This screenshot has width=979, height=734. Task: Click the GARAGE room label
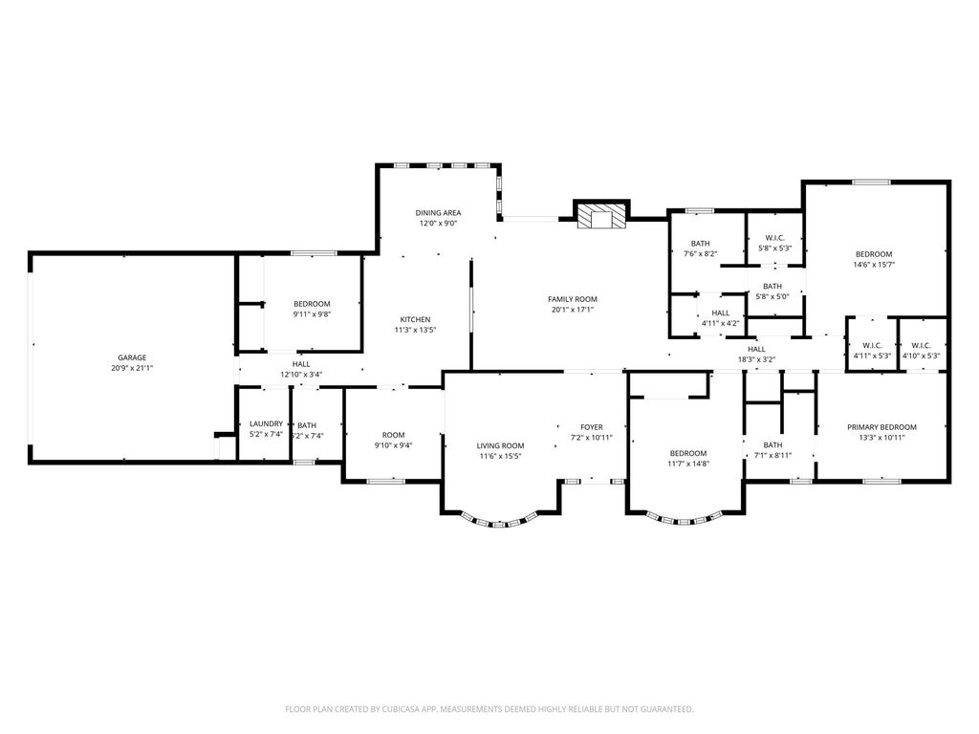coord(132,357)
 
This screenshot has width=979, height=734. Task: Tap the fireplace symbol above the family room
coord(601,215)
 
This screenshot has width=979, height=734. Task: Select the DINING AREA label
coord(438,213)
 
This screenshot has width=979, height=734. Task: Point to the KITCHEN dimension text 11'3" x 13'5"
coord(415,330)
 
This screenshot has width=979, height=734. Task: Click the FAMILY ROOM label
coord(573,299)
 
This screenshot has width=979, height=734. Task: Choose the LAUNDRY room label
coord(266,423)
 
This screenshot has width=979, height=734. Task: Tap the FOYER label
coord(592,427)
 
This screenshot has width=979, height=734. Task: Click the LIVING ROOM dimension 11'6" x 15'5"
coord(500,456)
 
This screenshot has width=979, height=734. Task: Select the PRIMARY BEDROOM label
coord(881,427)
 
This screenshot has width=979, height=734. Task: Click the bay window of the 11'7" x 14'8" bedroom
coord(685,519)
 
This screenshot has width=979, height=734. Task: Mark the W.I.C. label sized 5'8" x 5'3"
coord(774,238)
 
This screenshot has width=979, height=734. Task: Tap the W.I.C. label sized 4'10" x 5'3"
coord(921,346)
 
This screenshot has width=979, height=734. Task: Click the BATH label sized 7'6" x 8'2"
coord(701,244)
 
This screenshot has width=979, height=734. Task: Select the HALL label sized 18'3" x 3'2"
coord(756,350)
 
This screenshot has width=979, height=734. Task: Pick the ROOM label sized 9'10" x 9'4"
coord(393,435)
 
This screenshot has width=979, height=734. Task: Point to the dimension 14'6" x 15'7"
coord(874,264)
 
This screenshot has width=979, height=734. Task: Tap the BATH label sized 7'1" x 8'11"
coord(772,445)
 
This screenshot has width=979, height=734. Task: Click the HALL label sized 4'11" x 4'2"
coord(721,313)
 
